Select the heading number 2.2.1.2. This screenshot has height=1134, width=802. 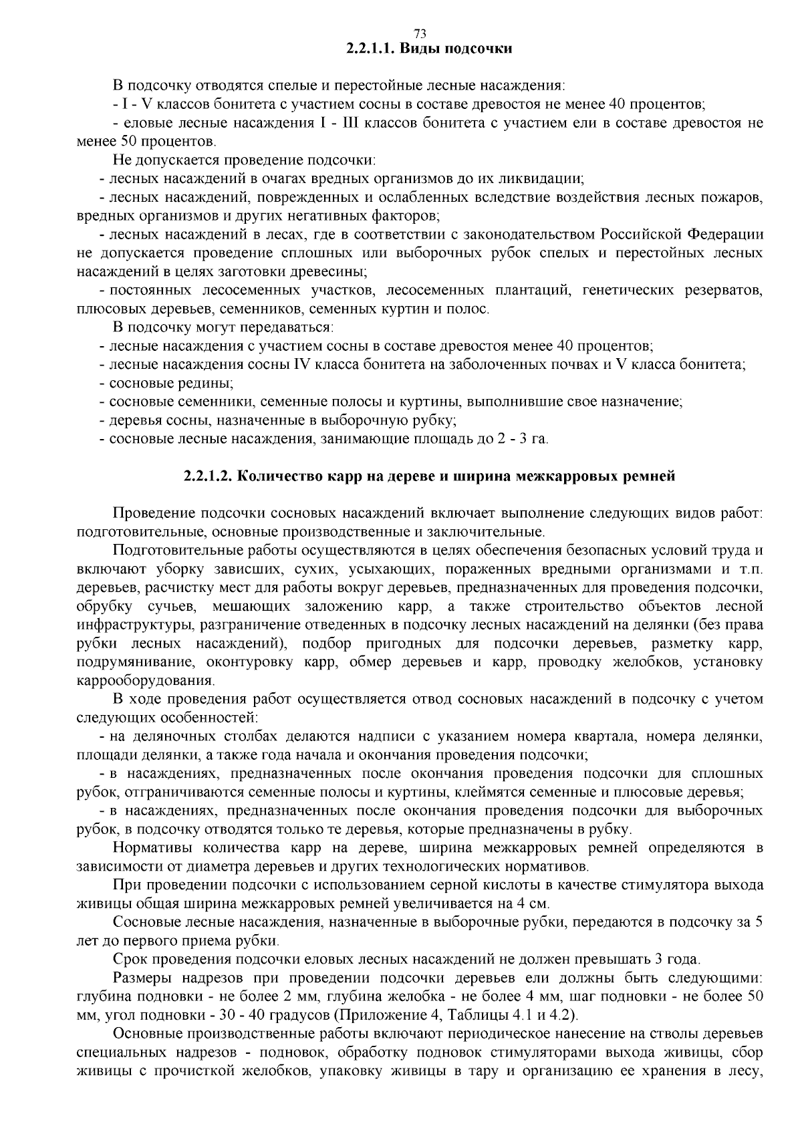[208, 476]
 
